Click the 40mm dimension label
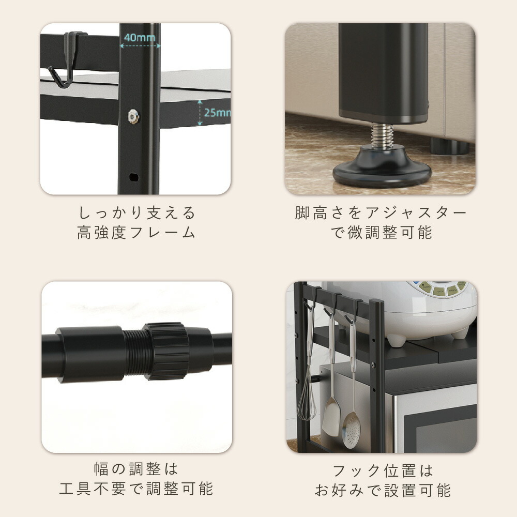pos(140,38)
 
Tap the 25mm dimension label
pos(217,113)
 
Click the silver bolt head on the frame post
pos(133,116)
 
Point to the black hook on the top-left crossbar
pos(67,59)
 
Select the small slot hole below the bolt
pos(133,177)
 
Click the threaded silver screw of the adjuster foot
pos(384,135)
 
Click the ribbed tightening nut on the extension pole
pos(166,351)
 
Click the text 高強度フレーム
pos(136,233)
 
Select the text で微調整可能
pos(381,233)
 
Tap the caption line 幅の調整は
pos(136,469)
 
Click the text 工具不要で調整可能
pos(136,489)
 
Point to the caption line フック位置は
pos(383,470)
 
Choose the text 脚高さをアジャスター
pos(381,212)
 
